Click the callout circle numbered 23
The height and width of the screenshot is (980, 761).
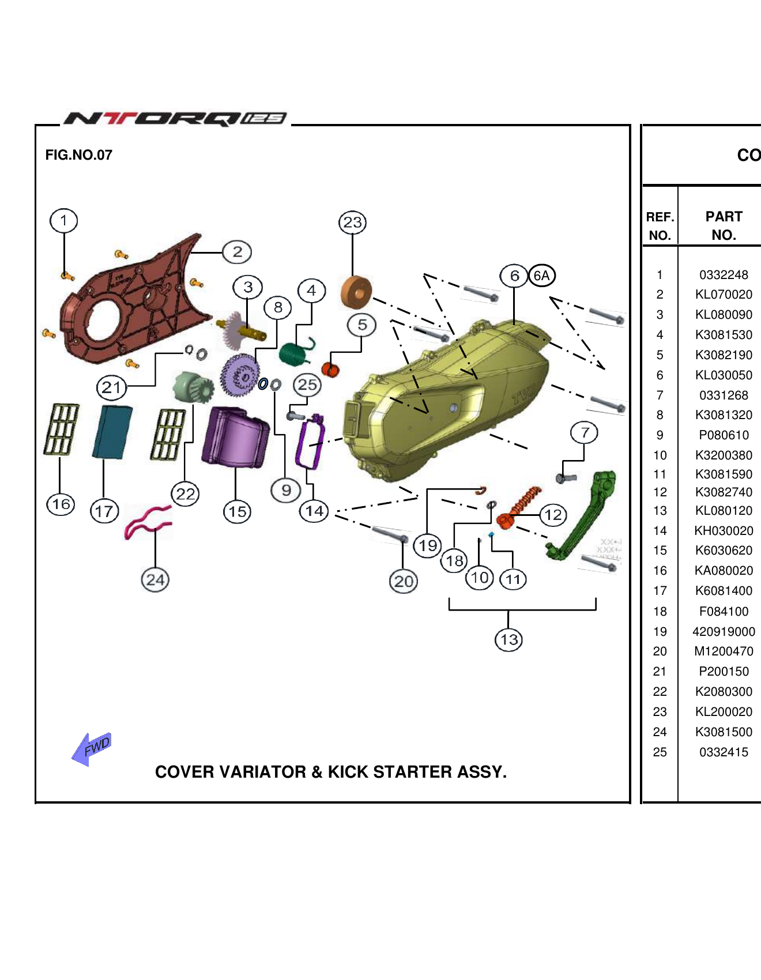(x=352, y=223)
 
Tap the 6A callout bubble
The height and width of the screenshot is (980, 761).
(x=541, y=276)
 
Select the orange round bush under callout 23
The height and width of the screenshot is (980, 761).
(x=356, y=292)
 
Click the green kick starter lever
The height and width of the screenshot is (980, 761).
(x=582, y=516)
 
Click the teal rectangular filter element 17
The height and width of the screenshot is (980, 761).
(x=112, y=432)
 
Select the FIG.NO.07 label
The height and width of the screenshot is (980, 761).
(x=79, y=155)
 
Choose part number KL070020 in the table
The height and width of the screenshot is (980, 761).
(x=724, y=295)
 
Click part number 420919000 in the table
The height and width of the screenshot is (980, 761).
(x=724, y=631)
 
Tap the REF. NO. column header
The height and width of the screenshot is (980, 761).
(x=660, y=226)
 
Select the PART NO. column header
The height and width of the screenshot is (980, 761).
(x=724, y=226)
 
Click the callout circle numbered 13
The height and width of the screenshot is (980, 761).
(x=508, y=639)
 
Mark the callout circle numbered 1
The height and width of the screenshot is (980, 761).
(x=63, y=221)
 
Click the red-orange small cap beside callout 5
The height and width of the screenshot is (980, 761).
(x=330, y=368)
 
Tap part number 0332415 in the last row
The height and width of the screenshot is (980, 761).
(x=724, y=752)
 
